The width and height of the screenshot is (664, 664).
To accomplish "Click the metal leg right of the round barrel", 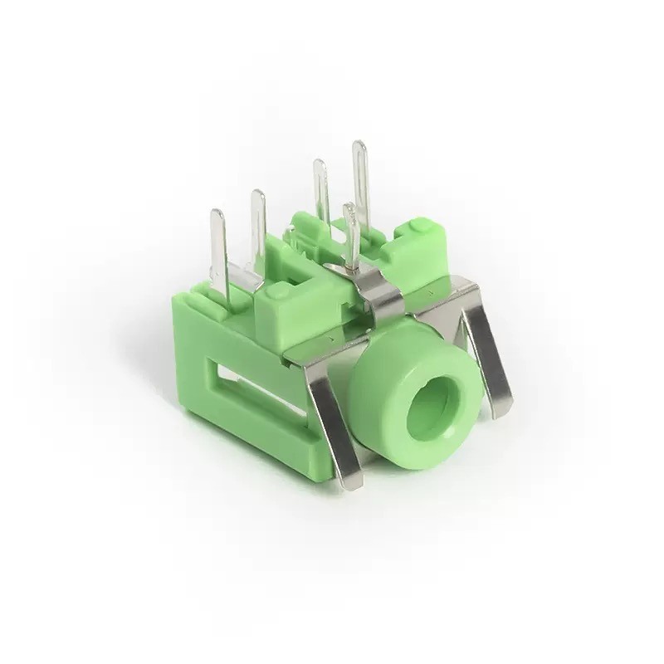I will click(490, 365).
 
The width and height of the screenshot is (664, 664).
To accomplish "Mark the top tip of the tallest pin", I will click(359, 146).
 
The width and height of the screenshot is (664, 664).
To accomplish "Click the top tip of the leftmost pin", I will click(217, 213).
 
